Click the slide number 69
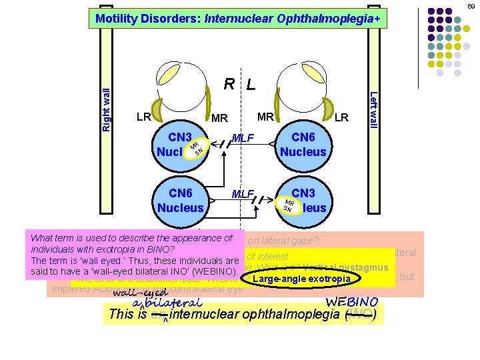click(471, 5)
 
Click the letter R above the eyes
click(229, 84)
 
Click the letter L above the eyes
click(250, 85)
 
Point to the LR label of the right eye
click(143, 117)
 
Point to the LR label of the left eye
click(341, 117)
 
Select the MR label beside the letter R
click(219, 119)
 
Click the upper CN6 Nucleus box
click(303, 144)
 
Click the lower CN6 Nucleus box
click(180, 199)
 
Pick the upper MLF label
click(243, 139)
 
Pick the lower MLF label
click(243, 194)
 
